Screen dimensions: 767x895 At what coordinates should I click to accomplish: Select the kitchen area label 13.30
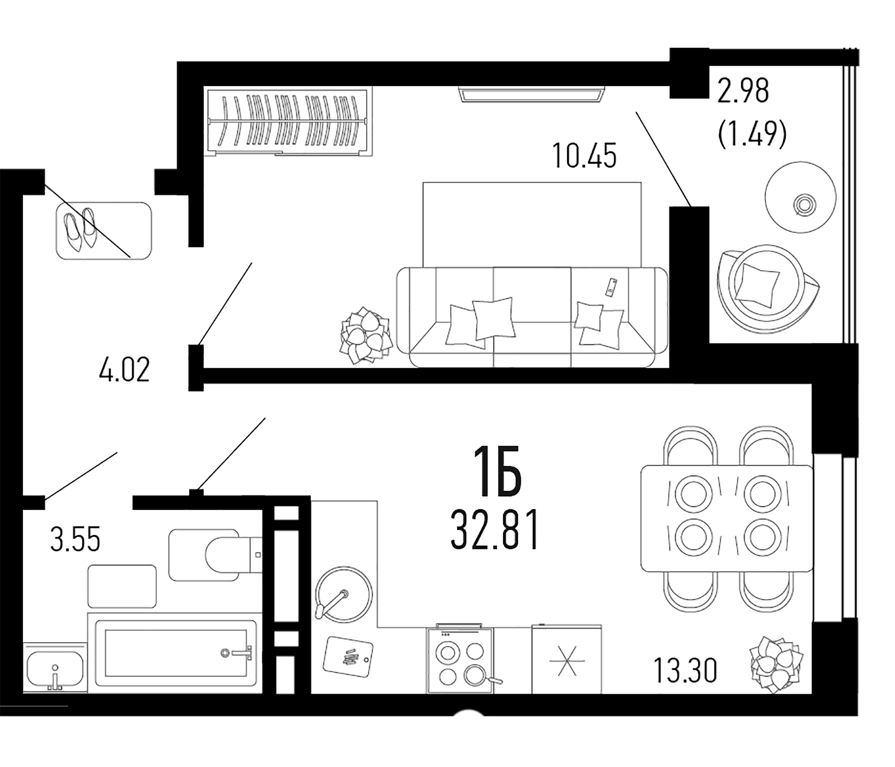tap(685, 670)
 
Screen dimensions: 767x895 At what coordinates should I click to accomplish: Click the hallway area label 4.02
tap(124, 370)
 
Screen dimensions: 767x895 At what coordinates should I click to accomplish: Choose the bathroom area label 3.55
tap(75, 539)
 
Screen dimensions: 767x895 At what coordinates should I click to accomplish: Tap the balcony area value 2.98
tap(743, 91)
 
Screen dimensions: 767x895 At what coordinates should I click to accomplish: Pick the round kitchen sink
tap(344, 595)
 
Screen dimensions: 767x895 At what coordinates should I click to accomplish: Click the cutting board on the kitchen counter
tap(348, 657)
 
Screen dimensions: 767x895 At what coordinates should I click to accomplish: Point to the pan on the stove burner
tap(476, 675)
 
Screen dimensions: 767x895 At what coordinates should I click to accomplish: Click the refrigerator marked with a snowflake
tap(566, 661)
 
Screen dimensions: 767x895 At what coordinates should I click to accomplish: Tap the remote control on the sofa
tap(611, 287)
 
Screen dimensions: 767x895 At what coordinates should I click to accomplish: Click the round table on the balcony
tap(800, 197)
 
